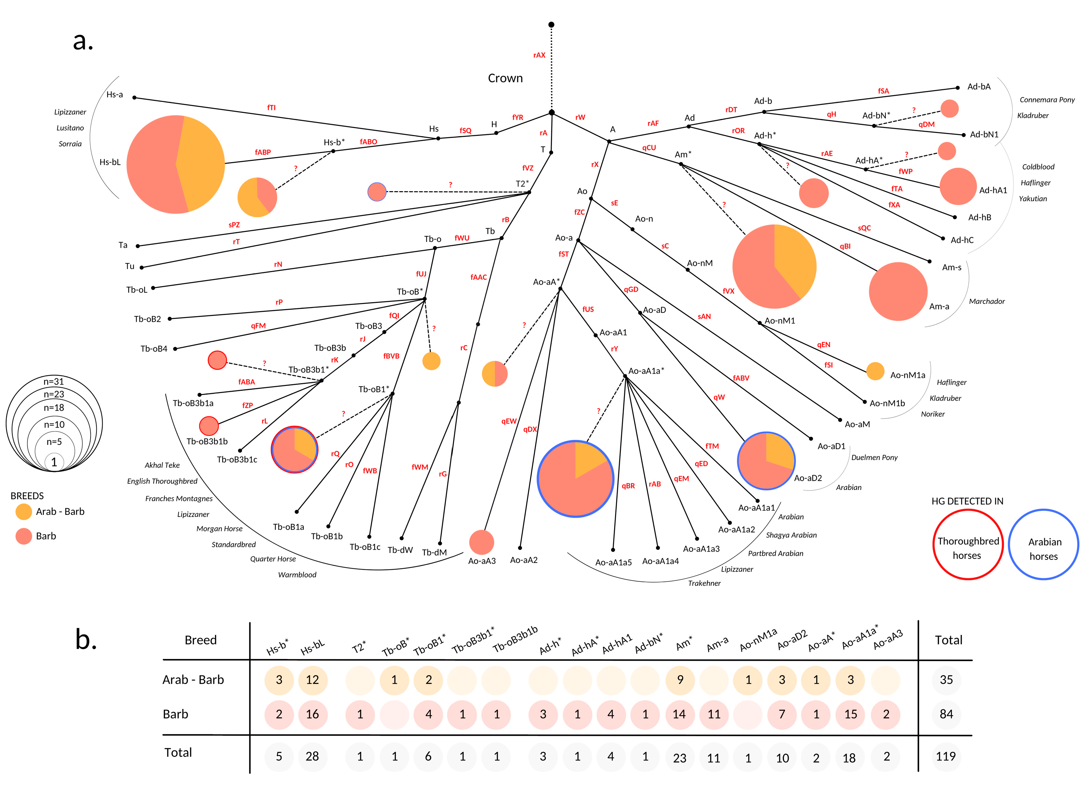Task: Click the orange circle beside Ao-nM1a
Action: tap(875, 371)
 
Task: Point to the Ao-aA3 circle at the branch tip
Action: tap(481, 542)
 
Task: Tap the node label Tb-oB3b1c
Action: tap(237, 460)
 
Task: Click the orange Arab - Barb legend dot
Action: tap(23, 511)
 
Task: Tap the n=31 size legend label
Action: tap(54, 381)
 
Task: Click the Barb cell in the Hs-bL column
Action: tap(312, 714)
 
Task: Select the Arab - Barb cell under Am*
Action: tap(680, 680)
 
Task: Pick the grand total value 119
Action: tap(945, 756)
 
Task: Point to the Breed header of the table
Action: tap(200, 640)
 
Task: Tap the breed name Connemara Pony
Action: tap(1047, 100)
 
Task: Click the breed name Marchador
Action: tap(987, 302)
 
